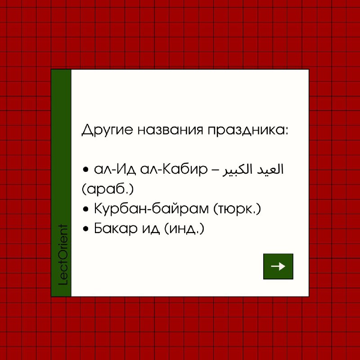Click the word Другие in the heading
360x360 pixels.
[x=107, y=130]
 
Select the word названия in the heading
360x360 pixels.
[x=171, y=130]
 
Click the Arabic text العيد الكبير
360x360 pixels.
[x=253, y=170]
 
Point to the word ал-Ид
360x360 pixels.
[x=115, y=170]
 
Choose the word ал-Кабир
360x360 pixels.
[x=174, y=170]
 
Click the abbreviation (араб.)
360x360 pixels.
[x=108, y=189]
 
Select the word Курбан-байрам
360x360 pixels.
[x=151, y=209]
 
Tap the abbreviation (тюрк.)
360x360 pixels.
[x=237, y=209]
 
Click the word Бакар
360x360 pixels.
[x=116, y=228]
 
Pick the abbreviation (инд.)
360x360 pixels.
[x=184, y=229]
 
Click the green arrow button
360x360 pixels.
[x=278, y=266]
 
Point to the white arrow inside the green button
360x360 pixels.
[x=278, y=266]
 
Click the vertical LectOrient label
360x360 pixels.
[x=63, y=255]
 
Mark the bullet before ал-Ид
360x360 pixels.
[x=85, y=170]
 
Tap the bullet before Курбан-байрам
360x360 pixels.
[x=85, y=209]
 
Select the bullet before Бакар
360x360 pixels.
[x=85, y=229]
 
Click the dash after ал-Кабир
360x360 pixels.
[x=215, y=171]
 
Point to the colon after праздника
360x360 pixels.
[x=286, y=130]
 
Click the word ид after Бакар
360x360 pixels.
[x=151, y=229]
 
